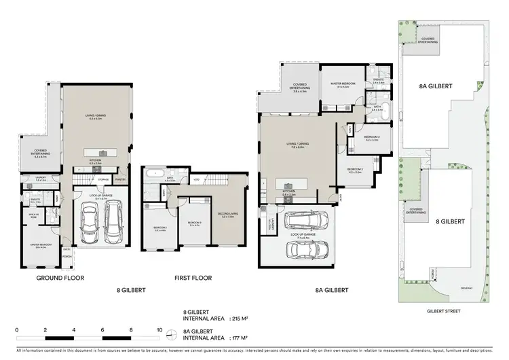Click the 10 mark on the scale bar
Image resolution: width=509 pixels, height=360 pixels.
tap(159, 329)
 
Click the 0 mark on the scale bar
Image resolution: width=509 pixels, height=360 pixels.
tap(16, 329)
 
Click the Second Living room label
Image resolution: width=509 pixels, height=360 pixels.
tap(227, 214)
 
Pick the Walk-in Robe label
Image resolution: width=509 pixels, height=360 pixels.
tap(33, 217)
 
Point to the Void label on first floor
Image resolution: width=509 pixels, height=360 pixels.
tap(196, 179)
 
